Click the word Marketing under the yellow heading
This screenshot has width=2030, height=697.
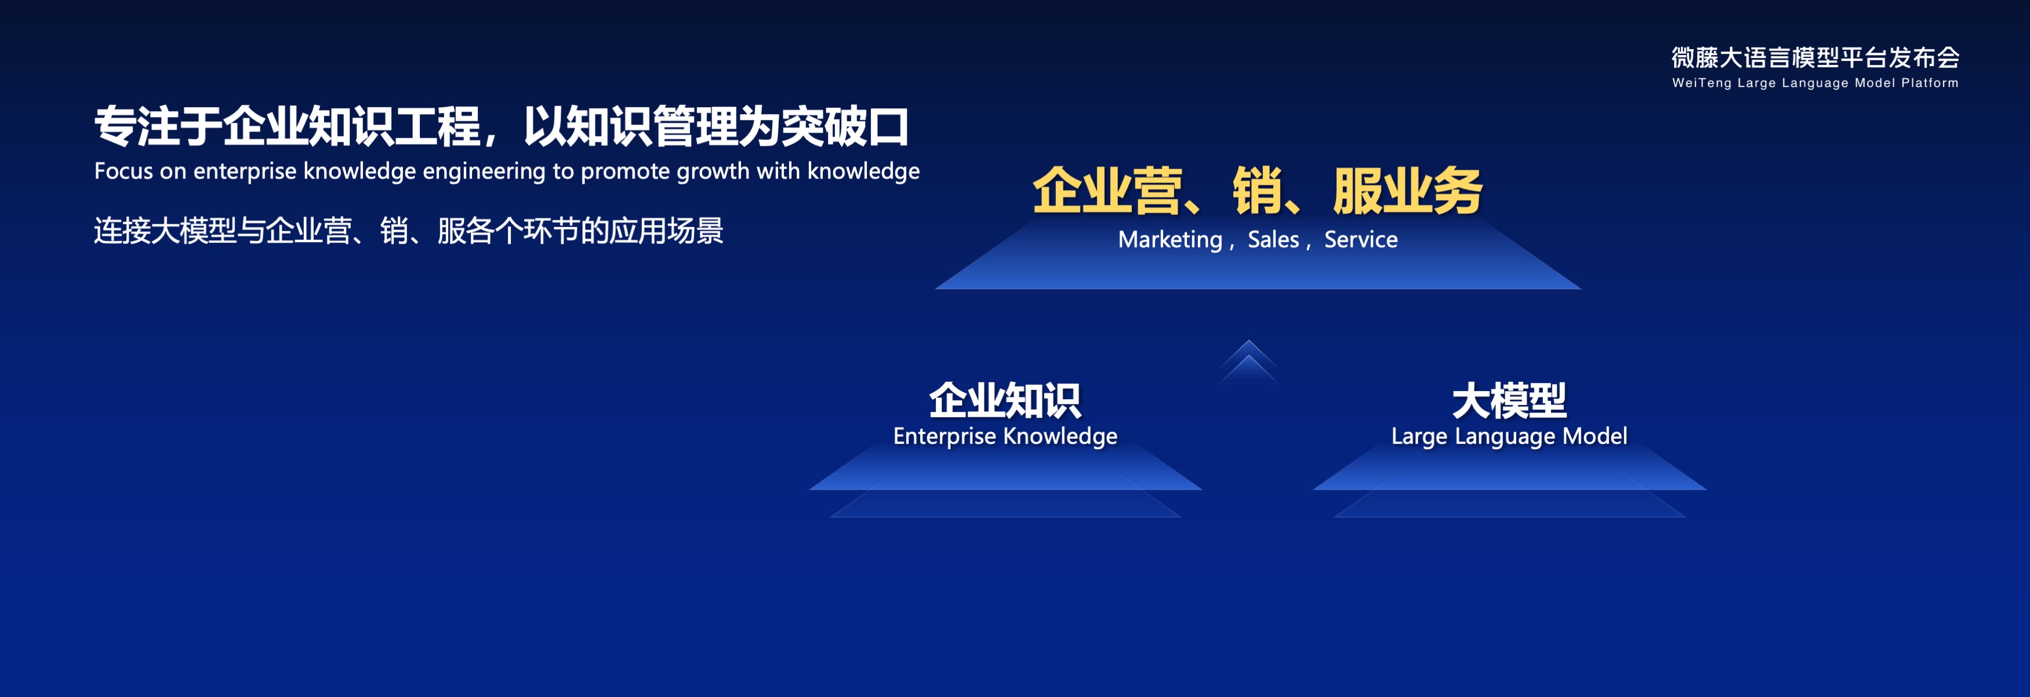click(1170, 239)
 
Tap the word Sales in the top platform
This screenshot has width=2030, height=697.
click(1273, 239)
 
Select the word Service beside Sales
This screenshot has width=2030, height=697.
click(1361, 239)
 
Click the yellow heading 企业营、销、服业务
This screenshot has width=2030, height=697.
click(1258, 191)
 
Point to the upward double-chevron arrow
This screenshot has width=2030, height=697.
click(1248, 362)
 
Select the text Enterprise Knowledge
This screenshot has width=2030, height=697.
click(1005, 436)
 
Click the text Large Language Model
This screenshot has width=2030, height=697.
click(1509, 436)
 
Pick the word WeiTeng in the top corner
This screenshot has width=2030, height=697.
click(1701, 83)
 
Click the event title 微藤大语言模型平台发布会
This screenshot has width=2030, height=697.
click(1815, 57)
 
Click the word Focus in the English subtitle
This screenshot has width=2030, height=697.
click(124, 171)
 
